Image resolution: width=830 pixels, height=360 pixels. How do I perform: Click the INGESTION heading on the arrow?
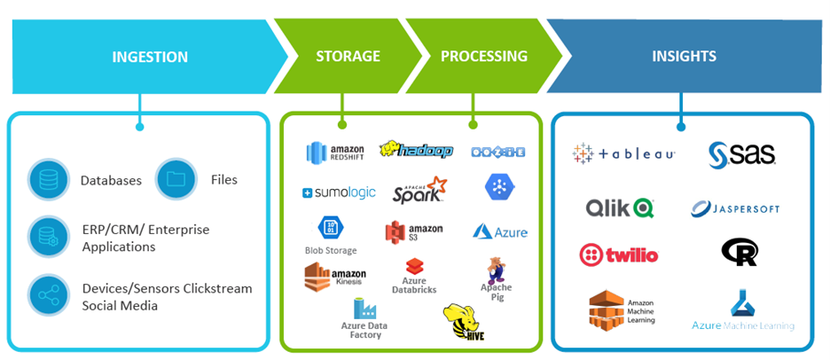coord(150,57)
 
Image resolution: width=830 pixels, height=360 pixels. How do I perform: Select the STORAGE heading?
coord(348,57)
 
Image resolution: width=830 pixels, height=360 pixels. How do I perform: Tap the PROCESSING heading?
coord(483,57)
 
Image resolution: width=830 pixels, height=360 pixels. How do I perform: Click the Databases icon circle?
coord(49,180)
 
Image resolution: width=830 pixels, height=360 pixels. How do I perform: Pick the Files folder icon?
coord(176,179)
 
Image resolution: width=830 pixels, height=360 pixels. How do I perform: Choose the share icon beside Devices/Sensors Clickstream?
coord(49,295)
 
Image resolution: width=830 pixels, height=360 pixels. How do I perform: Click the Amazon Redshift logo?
coord(336,153)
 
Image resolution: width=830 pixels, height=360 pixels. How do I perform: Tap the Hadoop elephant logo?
coord(416,151)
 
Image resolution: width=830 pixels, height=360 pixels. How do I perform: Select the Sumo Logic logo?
coord(339,192)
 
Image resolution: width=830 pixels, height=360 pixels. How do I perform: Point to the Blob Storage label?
coord(331,251)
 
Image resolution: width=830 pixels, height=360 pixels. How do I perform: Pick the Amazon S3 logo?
coord(413,232)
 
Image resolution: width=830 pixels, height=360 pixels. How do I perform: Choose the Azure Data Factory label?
coord(365,330)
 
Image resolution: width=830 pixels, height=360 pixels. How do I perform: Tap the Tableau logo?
coord(624,153)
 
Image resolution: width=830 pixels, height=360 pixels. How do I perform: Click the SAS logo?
coord(741,155)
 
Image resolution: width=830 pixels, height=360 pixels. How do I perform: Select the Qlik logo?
coord(619,208)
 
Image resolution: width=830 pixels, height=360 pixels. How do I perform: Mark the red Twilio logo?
coord(618,255)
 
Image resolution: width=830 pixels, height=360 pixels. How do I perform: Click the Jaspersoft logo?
coord(735,209)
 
